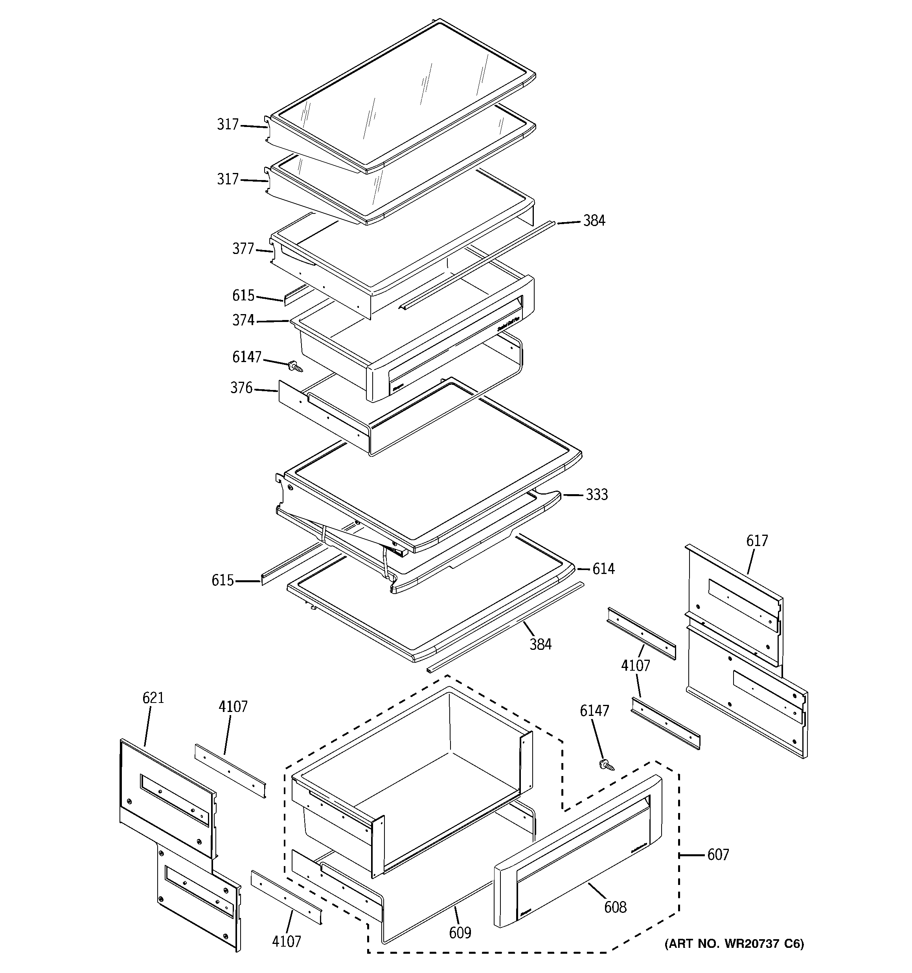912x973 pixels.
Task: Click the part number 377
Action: [243, 249]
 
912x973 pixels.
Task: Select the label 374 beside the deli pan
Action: [243, 320]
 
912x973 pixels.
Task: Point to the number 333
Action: [597, 495]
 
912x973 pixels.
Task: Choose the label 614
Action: [603, 569]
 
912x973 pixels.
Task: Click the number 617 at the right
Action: [757, 541]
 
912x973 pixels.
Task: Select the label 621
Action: [153, 698]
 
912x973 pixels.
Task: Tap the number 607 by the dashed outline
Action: [718, 855]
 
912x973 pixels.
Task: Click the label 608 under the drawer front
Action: [615, 907]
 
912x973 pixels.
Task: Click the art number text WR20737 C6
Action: [734, 944]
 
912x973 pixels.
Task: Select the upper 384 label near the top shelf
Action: [594, 221]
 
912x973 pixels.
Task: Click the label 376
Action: [241, 388]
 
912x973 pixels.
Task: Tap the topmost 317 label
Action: [228, 125]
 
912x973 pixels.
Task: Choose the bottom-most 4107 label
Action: [287, 941]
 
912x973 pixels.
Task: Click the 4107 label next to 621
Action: [233, 707]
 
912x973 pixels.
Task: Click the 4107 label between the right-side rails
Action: [635, 666]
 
